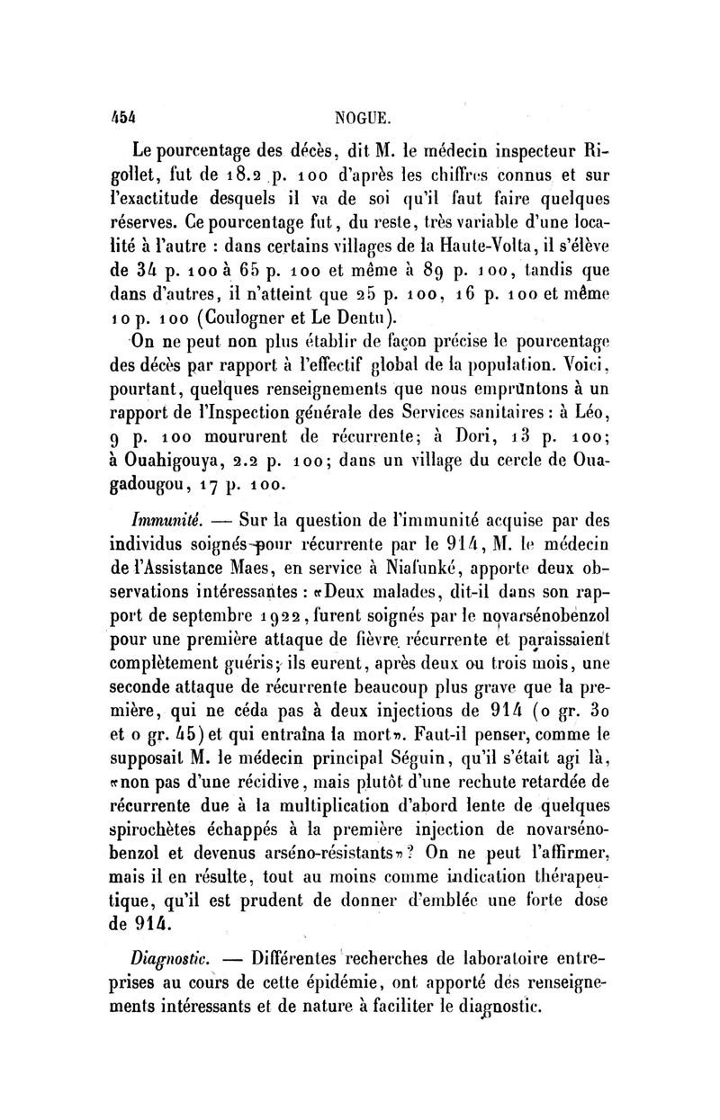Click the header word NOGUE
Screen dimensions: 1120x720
[x=363, y=116]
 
